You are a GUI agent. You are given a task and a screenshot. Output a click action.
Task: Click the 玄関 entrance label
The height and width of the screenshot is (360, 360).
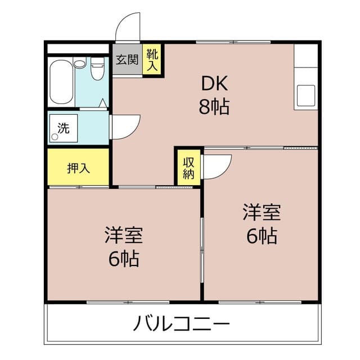coord(127,60)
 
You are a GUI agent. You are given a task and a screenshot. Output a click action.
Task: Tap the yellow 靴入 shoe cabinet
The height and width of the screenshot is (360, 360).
coord(152,60)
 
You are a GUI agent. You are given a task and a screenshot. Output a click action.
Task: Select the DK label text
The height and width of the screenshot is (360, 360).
coord(214,84)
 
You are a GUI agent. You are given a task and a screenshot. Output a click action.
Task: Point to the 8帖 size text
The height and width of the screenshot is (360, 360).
coord(214,106)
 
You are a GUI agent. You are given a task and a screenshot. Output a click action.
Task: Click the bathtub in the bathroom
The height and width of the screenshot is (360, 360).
coord(61,82)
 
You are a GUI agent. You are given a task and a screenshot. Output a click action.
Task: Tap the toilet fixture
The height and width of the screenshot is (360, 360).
coord(97,68)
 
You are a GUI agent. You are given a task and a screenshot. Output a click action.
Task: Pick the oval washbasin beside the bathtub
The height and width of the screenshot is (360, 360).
coord(80,64)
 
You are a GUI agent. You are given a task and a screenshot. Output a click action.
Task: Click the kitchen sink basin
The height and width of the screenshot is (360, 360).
coord(306,96)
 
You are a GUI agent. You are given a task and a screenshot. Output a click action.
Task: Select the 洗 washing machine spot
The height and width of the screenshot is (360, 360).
coord(64,128)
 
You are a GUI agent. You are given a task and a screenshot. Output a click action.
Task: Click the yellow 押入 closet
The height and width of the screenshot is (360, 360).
coord(78,167)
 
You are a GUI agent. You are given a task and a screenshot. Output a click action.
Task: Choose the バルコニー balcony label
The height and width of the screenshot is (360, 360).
coord(181,323)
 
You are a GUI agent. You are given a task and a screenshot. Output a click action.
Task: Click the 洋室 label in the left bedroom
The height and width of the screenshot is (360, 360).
coord(124,235)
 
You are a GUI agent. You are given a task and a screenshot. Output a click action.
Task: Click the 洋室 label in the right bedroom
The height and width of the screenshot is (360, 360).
coord(262,212)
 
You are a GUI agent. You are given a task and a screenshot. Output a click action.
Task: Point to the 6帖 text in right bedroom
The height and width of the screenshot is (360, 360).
coord(262,236)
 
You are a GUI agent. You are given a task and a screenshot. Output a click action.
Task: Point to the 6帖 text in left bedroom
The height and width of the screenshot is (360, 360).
coord(124,259)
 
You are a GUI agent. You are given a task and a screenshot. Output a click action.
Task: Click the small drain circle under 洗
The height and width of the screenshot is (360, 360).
coord(55,137)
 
